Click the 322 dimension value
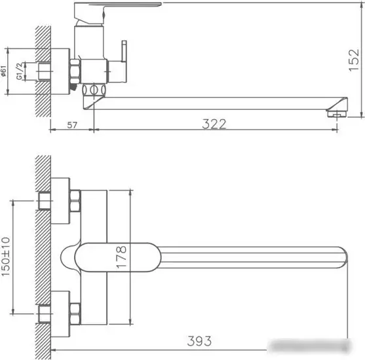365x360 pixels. (x=214, y=124)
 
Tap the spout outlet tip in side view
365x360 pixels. (x=337, y=113)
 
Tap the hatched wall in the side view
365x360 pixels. (x=44, y=72)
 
